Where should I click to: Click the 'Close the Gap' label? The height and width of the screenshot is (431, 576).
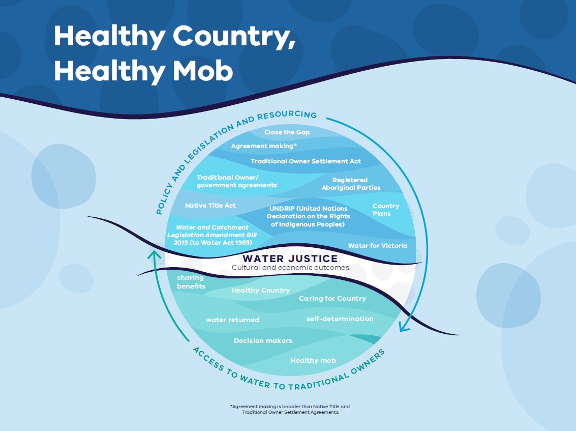pos(287,132)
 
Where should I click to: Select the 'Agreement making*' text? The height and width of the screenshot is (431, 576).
pos(264,146)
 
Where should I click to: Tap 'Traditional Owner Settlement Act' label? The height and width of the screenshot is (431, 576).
pos(306,161)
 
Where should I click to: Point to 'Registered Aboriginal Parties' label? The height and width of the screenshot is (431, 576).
pos(351,184)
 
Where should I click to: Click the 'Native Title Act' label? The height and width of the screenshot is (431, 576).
pos(210,206)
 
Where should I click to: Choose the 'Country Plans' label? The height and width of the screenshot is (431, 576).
pos(386,210)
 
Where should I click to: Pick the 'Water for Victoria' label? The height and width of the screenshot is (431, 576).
pos(378,246)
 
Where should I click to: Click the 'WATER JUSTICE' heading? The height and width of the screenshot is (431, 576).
pos(290,258)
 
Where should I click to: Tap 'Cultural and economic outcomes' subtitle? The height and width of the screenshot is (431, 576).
pos(290,267)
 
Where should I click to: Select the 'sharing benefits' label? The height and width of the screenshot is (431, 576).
pos(191,282)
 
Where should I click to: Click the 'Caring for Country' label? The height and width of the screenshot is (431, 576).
pos(332,299)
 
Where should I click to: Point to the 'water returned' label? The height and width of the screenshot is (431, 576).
pos(232,320)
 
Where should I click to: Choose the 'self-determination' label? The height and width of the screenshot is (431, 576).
pos(340,319)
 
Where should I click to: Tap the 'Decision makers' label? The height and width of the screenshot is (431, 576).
pos(263,340)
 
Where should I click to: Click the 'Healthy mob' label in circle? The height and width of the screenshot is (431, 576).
pos(313,361)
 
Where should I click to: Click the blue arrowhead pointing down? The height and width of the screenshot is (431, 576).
pos(405,326)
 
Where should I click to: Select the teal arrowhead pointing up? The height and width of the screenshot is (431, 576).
pos(155,254)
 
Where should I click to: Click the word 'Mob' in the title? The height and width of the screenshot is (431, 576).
pos(203,71)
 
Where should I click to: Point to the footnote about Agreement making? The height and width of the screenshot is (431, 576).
pos(290,409)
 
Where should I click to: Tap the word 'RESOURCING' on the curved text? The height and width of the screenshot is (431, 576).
pos(287,114)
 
